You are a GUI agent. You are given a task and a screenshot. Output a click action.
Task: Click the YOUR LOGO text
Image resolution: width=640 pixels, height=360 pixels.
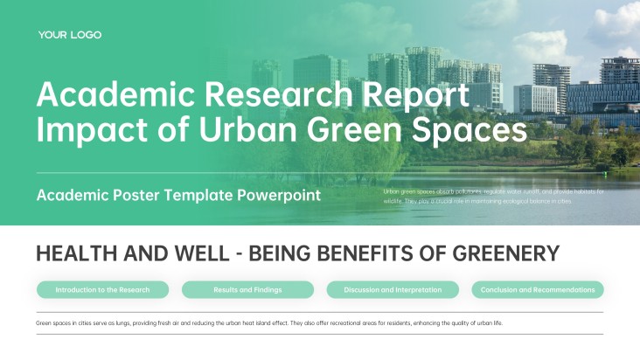[70, 35]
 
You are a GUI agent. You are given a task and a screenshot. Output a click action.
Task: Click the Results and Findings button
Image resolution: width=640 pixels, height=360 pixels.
[247, 289]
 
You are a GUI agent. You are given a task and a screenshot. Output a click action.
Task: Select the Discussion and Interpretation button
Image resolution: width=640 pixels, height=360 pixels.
[393, 289]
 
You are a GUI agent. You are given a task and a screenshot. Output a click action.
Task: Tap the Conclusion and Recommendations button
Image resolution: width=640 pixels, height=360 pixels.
[538, 289]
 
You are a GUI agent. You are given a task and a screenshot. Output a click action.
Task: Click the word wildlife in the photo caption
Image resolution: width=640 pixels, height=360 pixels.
[393, 200]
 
